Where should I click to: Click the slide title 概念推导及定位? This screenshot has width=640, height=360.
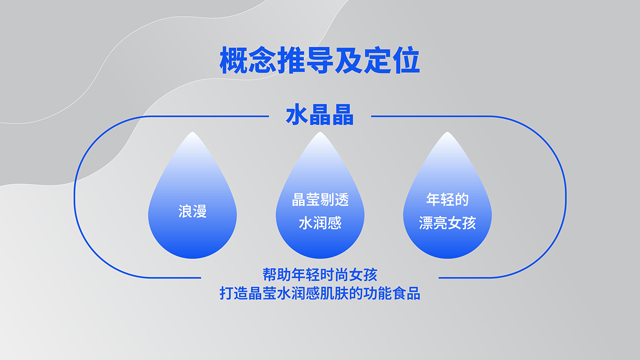[x=320, y=60]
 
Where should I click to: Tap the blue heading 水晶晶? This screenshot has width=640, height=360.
[x=320, y=115]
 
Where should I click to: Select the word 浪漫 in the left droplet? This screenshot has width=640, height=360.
[x=192, y=211]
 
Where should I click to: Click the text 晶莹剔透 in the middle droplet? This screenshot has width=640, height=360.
[x=320, y=200]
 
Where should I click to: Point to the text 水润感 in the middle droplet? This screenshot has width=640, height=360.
[x=320, y=223]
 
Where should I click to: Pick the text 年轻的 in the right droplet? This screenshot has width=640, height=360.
[x=448, y=199]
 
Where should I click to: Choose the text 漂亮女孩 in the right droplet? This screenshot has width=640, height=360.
[x=448, y=223]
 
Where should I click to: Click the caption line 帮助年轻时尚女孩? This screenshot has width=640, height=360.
[x=320, y=275]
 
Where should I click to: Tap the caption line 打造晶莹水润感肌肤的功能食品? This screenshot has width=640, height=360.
[x=320, y=294]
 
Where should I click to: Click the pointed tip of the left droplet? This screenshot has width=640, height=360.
[x=192, y=132]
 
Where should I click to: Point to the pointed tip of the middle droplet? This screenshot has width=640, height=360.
[x=320, y=132]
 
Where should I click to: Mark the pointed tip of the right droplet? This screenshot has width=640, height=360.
[x=448, y=132]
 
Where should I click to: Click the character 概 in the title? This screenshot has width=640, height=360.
[x=233, y=60]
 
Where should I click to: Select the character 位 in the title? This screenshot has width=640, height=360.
[x=406, y=60]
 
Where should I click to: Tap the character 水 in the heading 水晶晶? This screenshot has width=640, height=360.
[x=297, y=115]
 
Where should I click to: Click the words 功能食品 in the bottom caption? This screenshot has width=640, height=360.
[x=392, y=294]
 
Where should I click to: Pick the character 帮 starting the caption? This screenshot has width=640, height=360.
[x=270, y=275]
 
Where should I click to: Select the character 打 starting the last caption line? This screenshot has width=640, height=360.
[x=226, y=294]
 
